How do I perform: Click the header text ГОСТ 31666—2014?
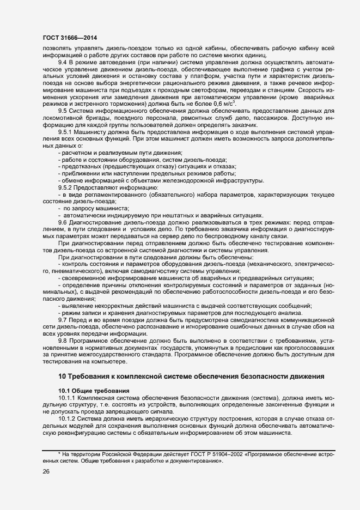click(66, 38)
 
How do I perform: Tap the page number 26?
click(46, 472)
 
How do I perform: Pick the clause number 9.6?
click(63, 222)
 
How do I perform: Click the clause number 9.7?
click(63, 319)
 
